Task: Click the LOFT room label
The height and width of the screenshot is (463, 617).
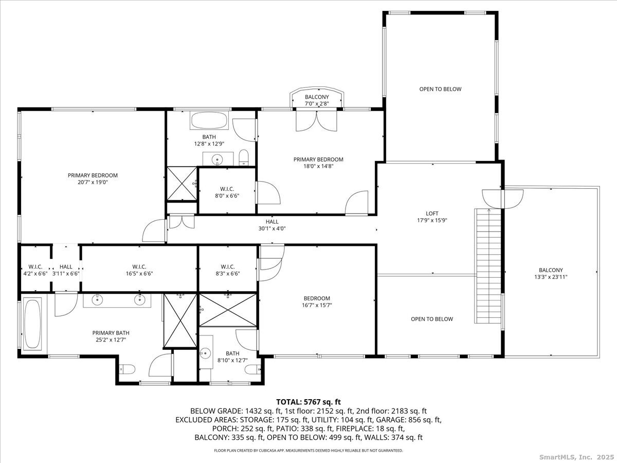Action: pyautogui.click(x=432, y=213)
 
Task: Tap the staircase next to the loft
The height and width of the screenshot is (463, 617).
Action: pyautogui.click(x=488, y=265)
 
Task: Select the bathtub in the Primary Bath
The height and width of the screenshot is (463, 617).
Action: pyautogui.click(x=32, y=324)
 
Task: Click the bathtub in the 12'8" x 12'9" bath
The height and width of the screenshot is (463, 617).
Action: pyautogui.click(x=209, y=120)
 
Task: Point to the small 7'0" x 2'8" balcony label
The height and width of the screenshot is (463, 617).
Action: pyautogui.click(x=317, y=100)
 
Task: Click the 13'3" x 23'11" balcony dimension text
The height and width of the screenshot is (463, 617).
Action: pyautogui.click(x=551, y=277)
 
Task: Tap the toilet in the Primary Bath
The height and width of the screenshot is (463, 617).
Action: pyautogui.click(x=127, y=369)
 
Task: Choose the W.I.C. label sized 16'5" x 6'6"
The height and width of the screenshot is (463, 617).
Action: pyautogui.click(x=139, y=270)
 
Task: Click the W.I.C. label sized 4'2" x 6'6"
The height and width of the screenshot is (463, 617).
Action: pyautogui.click(x=35, y=270)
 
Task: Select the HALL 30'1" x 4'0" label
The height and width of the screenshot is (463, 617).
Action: pyautogui.click(x=272, y=225)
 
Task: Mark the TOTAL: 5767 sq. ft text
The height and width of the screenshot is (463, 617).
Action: pyautogui.click(x=308, y=402)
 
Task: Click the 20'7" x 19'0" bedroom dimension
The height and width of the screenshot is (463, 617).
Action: pyautogui.click(x=93, y=182)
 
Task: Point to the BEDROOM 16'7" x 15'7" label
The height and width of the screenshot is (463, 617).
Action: pyautogui.click(x=317, y=301)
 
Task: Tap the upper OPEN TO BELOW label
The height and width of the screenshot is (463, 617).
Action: pyautogui.click(x=440, y=89)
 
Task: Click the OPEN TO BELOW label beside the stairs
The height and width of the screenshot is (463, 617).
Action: pyautogui.click(x=432, y=319)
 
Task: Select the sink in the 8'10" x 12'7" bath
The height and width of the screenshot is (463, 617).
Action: pyautogui.click(x=206, y=352)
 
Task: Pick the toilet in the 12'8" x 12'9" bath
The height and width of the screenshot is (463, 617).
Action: pyautogui.click(x=243, y=158)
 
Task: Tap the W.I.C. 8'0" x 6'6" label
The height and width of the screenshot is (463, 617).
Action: pyautogui.click(x=227, y=192)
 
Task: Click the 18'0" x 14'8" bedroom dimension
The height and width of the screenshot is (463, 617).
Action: pyautogui.click(x=318, y=166)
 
